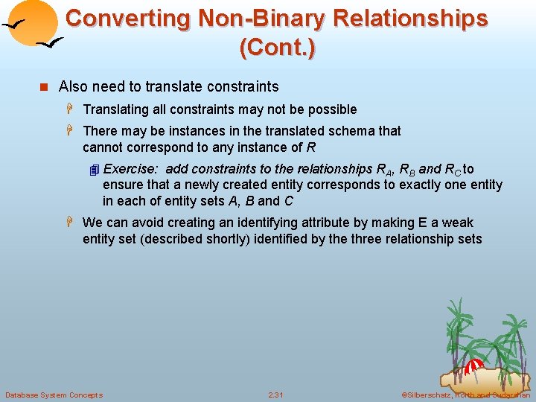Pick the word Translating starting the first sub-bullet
(x=115, y=109)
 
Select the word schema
(x=351, y=131)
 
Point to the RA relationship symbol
(x=386, y=170)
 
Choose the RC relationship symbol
(x=453, y=170)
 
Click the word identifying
(x=275, y=223)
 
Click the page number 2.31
(x=275, y=395)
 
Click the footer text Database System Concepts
(x=54, y=395)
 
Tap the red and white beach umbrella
(x=473, y=366)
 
